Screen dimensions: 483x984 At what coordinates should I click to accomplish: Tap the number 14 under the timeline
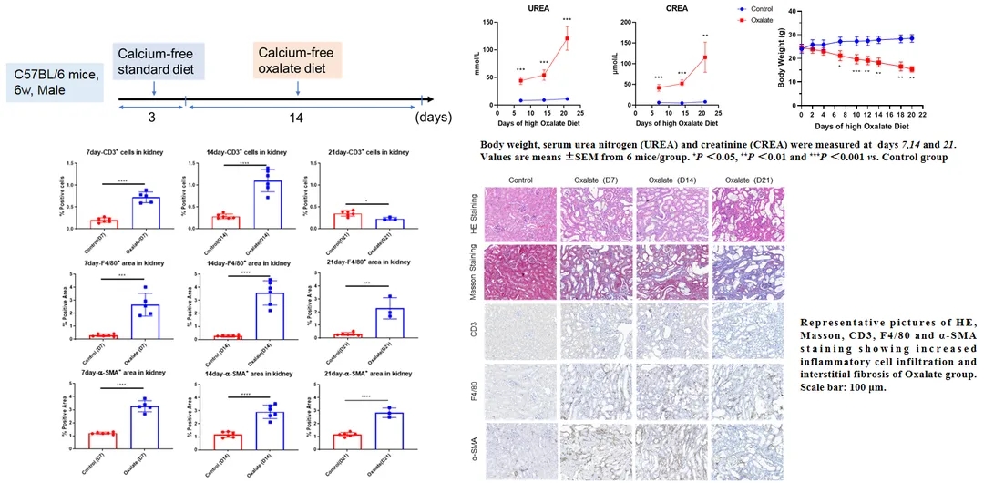click(299, 118)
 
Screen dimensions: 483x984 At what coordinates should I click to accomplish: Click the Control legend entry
click(758, 8)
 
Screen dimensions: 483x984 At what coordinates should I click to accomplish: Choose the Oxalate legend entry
click(758, 19)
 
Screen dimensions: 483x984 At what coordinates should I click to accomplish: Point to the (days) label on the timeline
click(434, 118)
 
